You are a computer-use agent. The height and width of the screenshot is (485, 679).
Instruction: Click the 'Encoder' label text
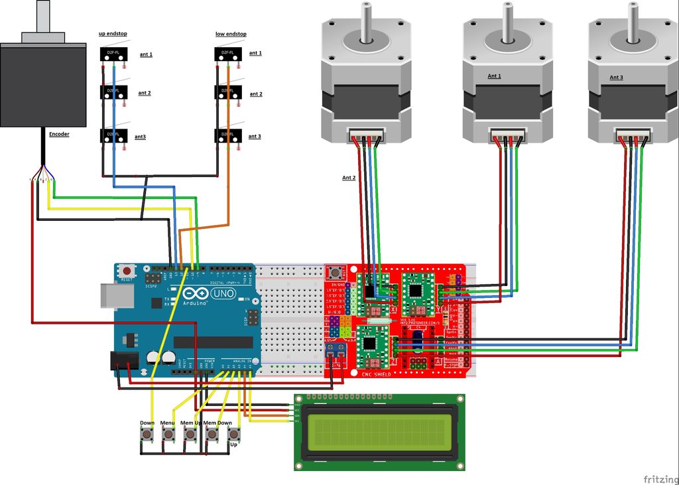coord(59,134)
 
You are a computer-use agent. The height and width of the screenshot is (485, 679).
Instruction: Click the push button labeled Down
coord(147,435)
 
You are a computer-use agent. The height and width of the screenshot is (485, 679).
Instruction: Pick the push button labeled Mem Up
coord(190,435)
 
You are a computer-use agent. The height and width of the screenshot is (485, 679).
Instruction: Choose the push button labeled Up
coord(233,435)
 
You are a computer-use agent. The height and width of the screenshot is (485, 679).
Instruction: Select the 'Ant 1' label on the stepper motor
coord(494,76)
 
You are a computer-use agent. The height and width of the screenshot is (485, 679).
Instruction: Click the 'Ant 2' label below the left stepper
coord(349,178)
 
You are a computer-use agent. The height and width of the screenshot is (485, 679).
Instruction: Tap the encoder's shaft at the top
coord(43,15)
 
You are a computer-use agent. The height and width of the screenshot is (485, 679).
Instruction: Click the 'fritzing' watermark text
coord(660,478)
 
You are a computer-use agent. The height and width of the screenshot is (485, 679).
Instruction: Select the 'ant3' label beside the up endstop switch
coord(140,137)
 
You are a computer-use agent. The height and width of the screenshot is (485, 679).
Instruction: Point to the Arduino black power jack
coord(123,361)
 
